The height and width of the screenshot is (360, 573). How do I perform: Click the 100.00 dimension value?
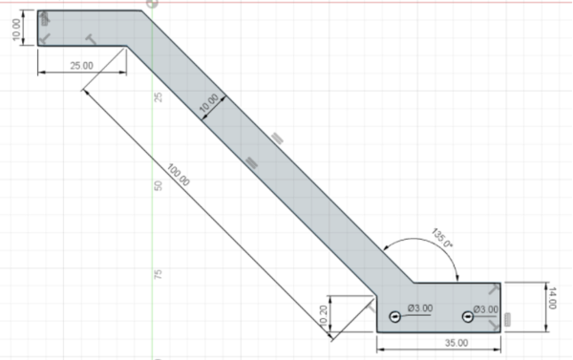click(x=179, y=175)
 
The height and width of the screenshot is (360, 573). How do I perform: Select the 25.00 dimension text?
click(x=81, y=66)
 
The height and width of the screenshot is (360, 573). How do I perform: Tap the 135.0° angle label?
click(x=442, y=238)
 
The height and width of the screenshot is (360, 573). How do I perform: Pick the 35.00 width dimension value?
click(x=456, y=343)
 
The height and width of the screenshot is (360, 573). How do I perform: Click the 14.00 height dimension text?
click(x=551, y=298)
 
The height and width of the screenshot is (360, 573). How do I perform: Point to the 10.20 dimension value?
click(x=323, y=315)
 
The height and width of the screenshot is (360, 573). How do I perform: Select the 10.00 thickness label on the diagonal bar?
click(x=208, y=103)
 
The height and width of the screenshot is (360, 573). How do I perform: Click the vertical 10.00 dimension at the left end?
click(x=16, y=30)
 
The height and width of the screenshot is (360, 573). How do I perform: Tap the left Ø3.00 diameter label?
click(x=420, y=308)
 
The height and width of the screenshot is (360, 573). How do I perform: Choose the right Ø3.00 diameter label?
click(x=486, y=309)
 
